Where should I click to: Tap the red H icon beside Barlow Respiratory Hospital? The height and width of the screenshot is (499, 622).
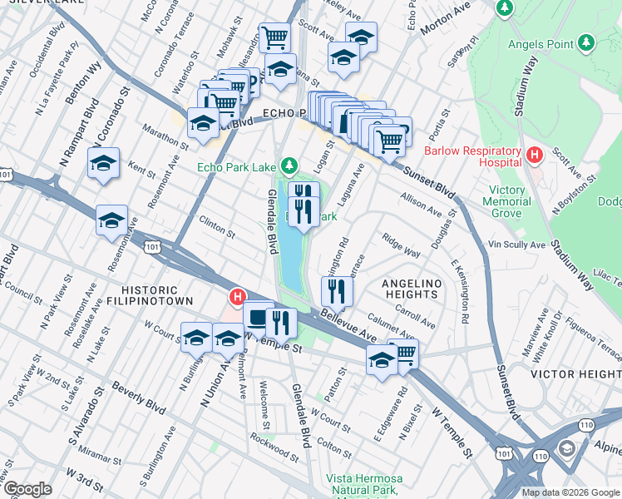(x=536, y=154)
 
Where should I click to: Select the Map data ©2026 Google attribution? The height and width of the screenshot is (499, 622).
(x=570, y=492)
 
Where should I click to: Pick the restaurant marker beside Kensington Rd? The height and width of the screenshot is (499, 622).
(x=337, y=290)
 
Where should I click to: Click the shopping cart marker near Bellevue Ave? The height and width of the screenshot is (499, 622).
(x=402, y=353)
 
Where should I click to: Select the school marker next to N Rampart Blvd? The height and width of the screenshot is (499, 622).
(x=104, y=163)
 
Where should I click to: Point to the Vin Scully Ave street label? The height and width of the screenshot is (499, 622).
(x=516, y=245)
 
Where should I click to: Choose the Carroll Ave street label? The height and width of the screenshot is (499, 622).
(x=415, y=316)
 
